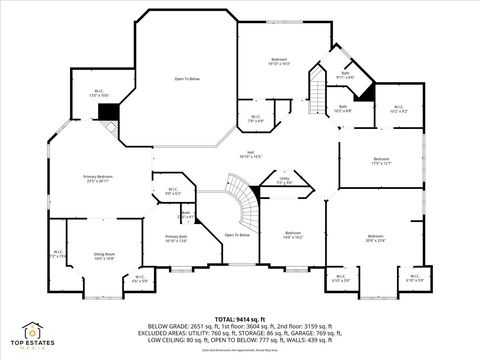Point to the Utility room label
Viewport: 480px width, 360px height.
tap(283, 183)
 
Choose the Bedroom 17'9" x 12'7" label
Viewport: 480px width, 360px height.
tap(381, 161)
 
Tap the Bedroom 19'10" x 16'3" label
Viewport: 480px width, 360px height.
tap(279, 62)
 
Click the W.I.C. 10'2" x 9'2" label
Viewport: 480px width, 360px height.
tap(397, 109)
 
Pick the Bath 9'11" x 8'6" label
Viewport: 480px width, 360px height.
tap(345, 75)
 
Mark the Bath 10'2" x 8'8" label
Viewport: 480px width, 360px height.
tap(343, 109)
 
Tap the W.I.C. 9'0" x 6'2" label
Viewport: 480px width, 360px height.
tap(172, 192)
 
